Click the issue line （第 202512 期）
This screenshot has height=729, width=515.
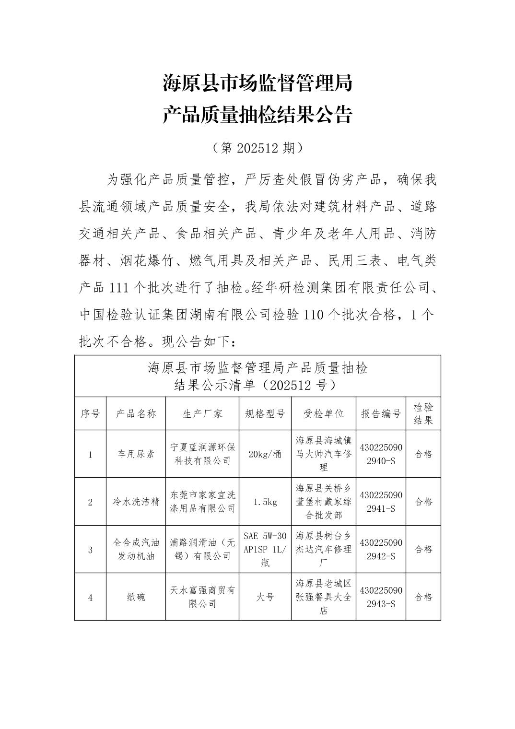[x=257, y=148]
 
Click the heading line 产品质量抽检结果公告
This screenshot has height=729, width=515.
[x=257, y=115]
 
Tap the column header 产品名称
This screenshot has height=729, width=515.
[x=136, y=414]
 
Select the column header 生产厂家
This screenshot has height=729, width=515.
[x=202, y=414]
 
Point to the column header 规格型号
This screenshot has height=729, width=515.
[x=265, y=414]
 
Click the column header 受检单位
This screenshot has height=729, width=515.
[x=324, y=414]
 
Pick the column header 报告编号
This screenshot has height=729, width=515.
[x=381, y=414]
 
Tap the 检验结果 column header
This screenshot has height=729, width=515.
[x=423, y=413]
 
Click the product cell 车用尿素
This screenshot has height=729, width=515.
[x=136, y=454]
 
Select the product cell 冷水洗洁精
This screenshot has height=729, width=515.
[x=136, y=502]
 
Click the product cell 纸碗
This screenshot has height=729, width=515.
[x=136, y=597]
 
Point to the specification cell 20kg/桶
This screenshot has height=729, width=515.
[x=265, y=454]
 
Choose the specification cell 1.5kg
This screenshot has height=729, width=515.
[x=265, y=502]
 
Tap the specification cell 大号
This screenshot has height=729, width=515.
[x=265, y=597]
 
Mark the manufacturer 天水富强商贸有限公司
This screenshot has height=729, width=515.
[x=202, y=597]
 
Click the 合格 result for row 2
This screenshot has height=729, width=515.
[x=423, y=502]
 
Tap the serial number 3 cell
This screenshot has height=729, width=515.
[x=90, y=550]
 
